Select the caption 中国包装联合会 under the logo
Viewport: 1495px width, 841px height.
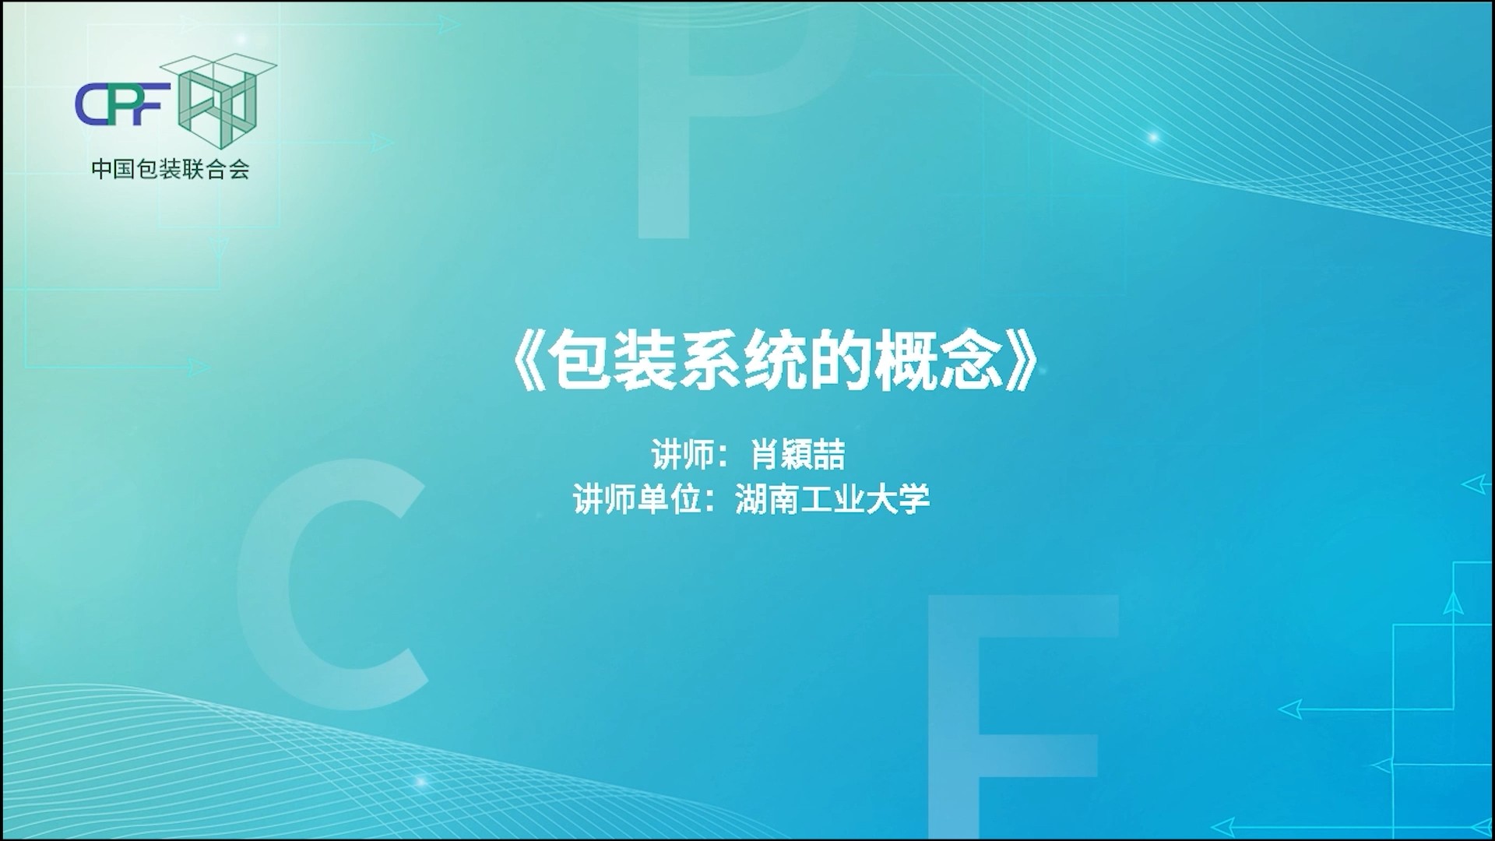click(170, 169)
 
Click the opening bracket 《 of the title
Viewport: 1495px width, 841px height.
click(529, 364)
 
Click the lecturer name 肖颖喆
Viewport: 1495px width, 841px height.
click(798, 455)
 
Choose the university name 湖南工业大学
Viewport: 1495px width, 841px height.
click(832, 499)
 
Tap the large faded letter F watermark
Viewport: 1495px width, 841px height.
click(1021, 716)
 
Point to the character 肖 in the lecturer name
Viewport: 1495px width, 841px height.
click(765, 455)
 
